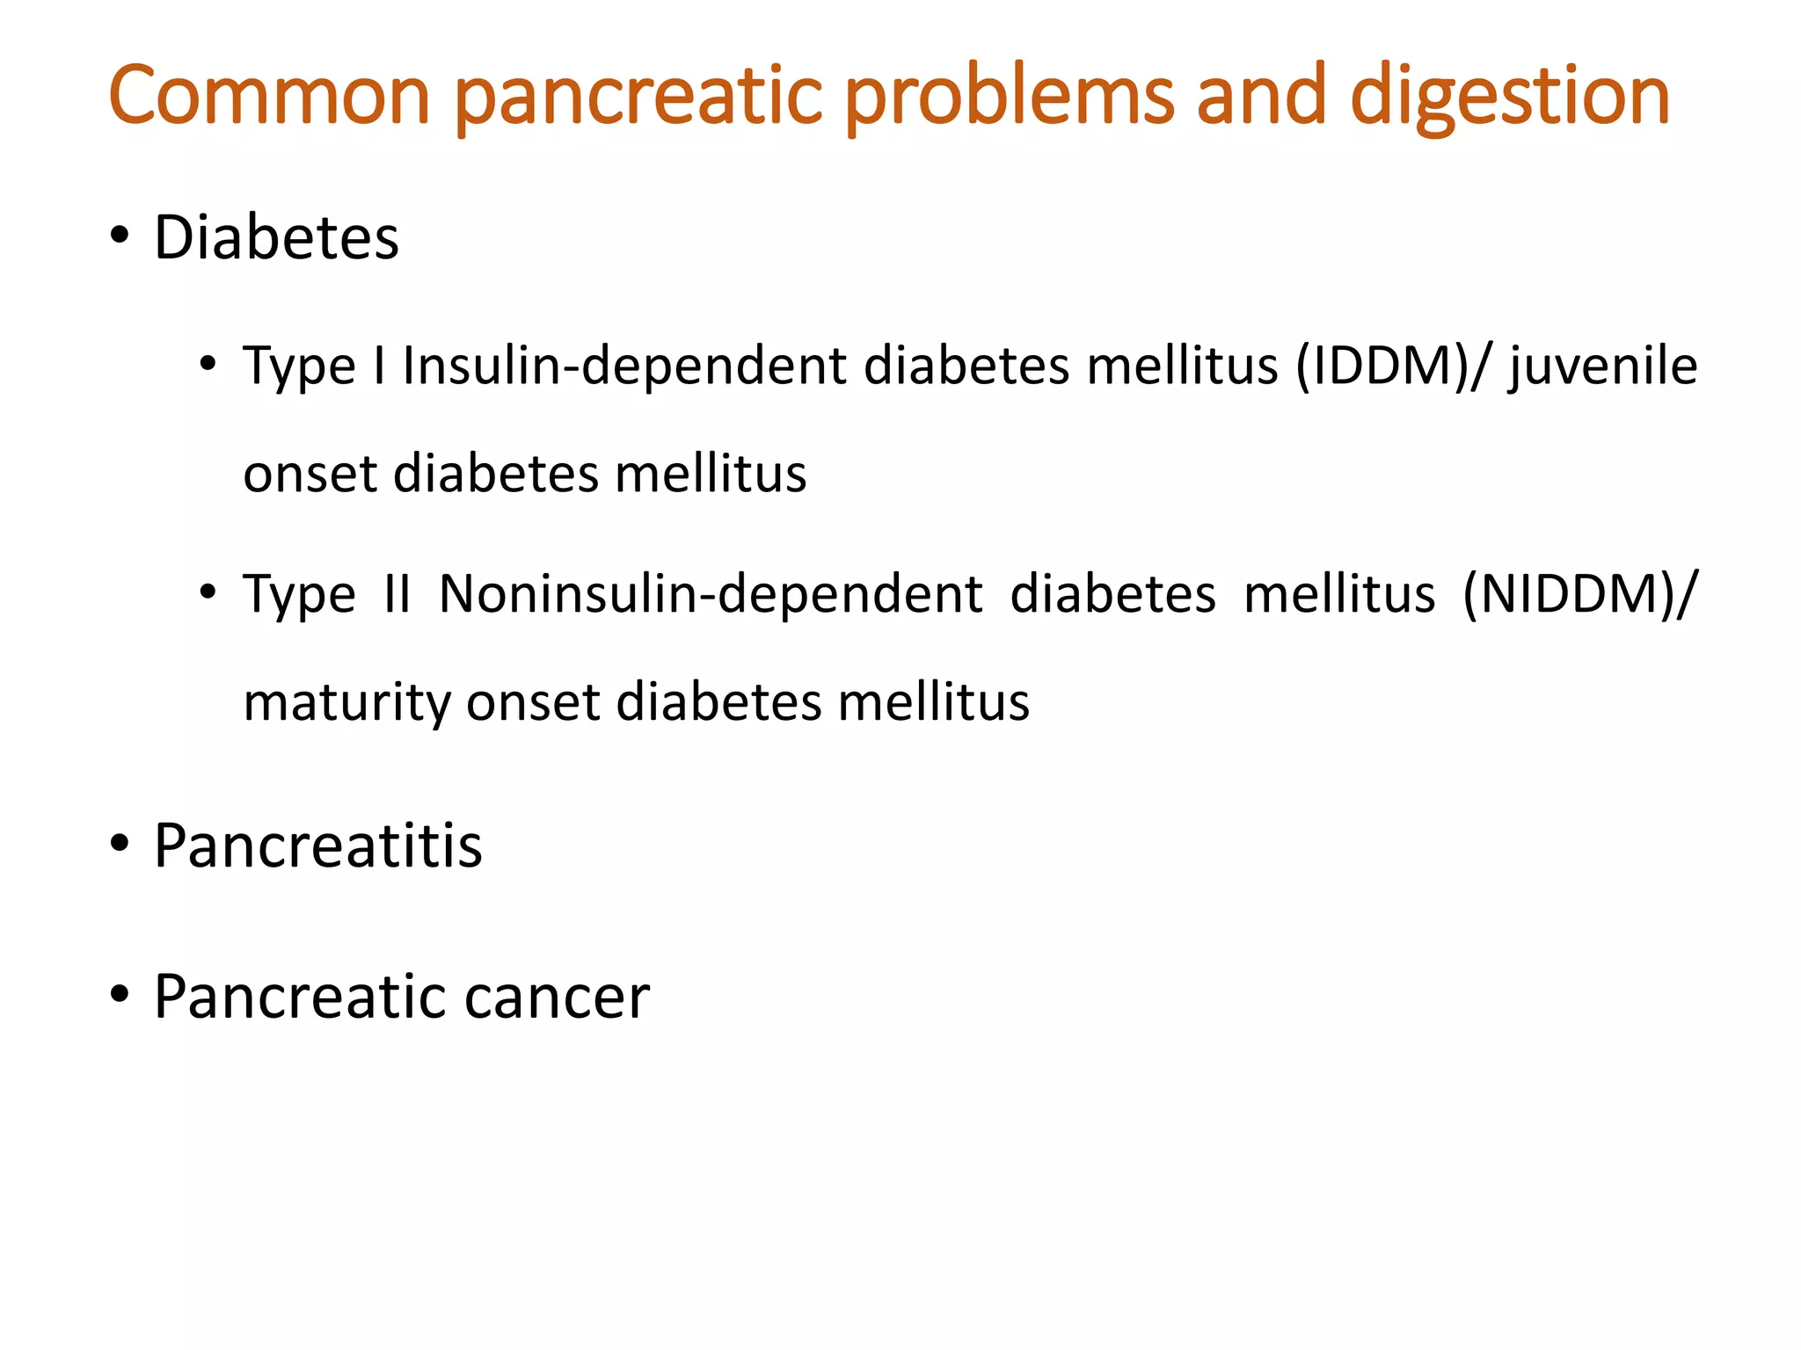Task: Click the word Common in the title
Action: (x=268, y=95)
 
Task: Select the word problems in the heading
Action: (x=1010, y=95)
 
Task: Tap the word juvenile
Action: (x=1603, y=367)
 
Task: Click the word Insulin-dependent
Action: (x=623, y=366)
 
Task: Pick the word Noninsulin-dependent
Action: (x=710, y=594)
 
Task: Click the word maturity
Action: (x=346, y=703)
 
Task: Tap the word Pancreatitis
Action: (x=317, y=846)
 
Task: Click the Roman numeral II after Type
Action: (x=397, y=594)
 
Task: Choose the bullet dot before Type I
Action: (x=208, y=364)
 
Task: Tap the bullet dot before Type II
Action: (x=208, y=592)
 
